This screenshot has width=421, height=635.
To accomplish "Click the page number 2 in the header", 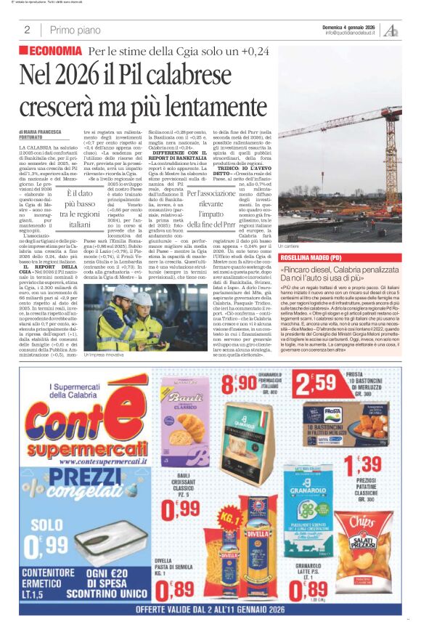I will click(x=27, y=30).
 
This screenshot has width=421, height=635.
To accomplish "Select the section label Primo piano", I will click(x=75, y=30).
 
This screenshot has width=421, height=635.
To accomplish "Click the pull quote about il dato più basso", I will click(x=80, y=210).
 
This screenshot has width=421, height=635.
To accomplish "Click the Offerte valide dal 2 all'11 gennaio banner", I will click(x=210, y=610).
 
